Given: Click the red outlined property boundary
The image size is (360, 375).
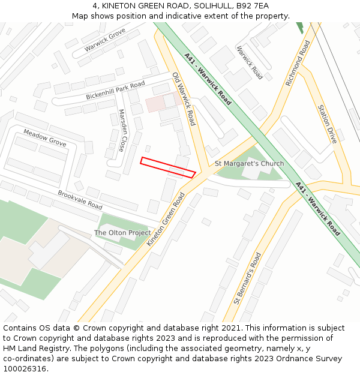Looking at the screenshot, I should tap(168, 167).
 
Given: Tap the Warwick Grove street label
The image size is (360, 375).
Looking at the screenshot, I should tap(105, 39).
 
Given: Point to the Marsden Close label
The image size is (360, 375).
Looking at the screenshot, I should tap(122, 130).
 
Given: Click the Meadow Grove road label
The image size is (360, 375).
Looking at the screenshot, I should tap(45, 137).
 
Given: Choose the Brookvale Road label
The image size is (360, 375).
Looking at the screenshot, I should tap(80, 200).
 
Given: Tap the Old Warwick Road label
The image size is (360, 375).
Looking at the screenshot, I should tap(184, 99).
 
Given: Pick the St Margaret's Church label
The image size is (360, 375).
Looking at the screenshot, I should tap(250, 164).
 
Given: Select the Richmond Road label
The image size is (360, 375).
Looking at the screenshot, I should tap(298, 63).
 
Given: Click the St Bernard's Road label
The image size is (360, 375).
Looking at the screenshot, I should tap(248, 278).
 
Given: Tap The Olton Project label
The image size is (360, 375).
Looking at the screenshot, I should tap(122, 233).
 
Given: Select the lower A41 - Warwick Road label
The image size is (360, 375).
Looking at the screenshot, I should tap(318, 209).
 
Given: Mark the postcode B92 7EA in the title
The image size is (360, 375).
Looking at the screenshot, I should tap(252, 6).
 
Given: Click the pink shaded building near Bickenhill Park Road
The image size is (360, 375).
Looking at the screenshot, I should tap(156, 103).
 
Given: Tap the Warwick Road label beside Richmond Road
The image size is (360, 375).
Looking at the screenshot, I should tap(250, 63).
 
